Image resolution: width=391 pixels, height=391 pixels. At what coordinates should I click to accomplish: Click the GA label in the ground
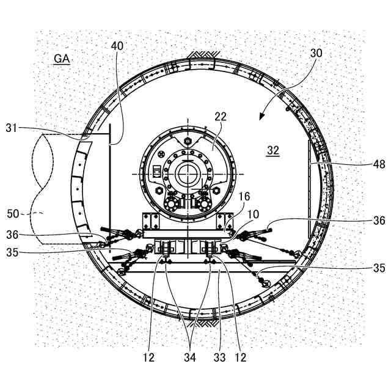[x=62, y=59]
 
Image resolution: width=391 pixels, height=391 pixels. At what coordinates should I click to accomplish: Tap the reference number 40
[x=117, y=46]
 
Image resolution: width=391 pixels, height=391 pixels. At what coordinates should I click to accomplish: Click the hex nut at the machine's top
[x=188, y=141]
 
